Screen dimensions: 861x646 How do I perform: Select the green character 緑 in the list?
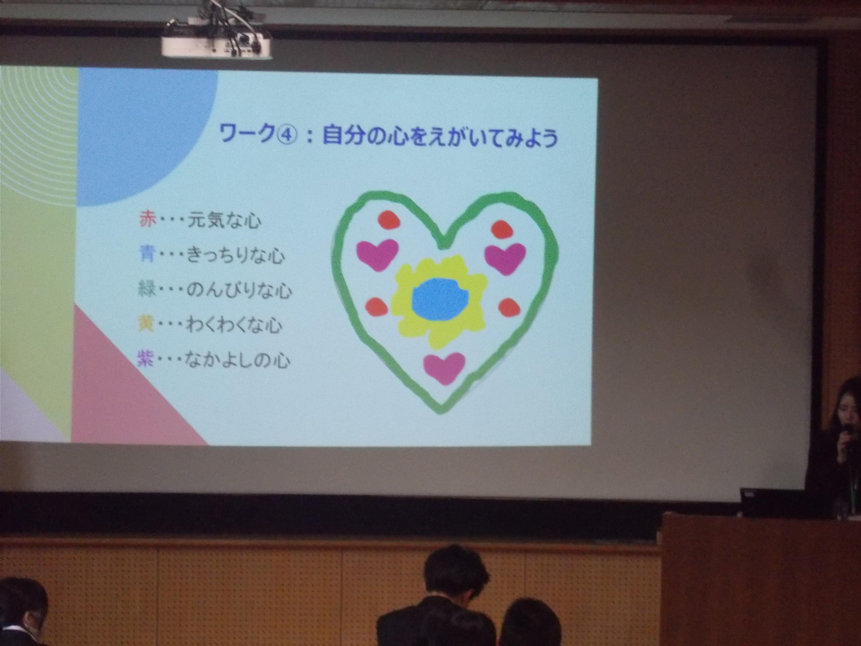147,290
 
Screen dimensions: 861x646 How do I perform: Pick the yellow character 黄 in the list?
146,325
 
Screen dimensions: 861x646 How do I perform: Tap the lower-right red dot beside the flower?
509,308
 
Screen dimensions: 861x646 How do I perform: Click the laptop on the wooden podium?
773,502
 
